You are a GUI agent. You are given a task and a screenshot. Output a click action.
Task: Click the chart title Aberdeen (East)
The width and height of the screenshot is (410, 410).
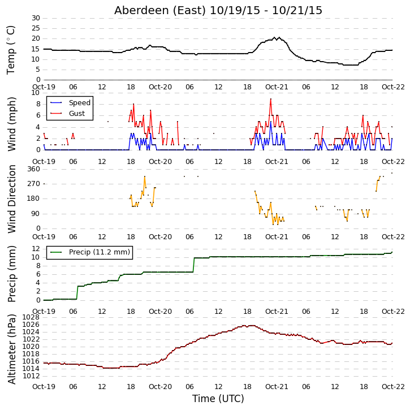coord(160,10)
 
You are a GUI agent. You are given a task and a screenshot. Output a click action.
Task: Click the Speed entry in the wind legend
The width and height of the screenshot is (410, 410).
coord(80,103)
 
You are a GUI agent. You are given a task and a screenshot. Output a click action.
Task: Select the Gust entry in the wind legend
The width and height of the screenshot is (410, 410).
coord(77,114)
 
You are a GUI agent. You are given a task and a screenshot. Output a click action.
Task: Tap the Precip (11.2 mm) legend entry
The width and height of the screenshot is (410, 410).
coord(100,252)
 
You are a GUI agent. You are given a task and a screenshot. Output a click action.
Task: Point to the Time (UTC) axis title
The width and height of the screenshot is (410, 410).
coord(218,399)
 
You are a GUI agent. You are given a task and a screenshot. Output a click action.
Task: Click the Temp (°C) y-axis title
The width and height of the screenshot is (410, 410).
coord(11,50)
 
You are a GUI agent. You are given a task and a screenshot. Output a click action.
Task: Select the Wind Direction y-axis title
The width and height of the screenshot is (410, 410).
coord(11,198)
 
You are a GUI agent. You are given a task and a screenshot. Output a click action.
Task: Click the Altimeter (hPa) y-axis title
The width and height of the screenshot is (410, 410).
coord(11,349)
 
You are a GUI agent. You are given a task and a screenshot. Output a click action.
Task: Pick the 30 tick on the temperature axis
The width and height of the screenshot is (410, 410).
coord(36,18)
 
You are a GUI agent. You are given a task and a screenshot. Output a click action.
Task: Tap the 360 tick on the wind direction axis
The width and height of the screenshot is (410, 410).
coord(34,169)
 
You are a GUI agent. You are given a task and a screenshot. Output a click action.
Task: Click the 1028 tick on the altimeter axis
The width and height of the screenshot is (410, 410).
coord(32,317)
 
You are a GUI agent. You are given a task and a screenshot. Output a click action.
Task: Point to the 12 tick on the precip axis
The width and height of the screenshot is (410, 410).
coord(36,249)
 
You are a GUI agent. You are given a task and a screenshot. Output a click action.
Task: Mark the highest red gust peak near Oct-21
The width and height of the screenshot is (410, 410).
coord(271,99)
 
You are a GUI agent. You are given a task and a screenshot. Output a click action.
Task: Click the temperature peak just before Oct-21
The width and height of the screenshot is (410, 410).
coord(274,38)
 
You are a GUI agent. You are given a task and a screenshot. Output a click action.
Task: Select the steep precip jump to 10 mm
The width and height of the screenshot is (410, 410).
coord(194,265)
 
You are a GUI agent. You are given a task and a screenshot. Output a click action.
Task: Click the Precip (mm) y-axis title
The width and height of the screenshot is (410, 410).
coord(11,274)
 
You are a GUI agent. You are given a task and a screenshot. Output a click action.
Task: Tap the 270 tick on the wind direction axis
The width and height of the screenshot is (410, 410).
coord(34,184)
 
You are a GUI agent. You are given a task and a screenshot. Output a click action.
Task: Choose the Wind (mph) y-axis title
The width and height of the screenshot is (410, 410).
coord(11,124)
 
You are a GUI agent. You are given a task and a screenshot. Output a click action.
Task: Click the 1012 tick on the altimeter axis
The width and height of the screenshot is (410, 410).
coord(32,376)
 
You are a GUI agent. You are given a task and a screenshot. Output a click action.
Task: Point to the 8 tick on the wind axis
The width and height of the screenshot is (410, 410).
coord(38,104)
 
